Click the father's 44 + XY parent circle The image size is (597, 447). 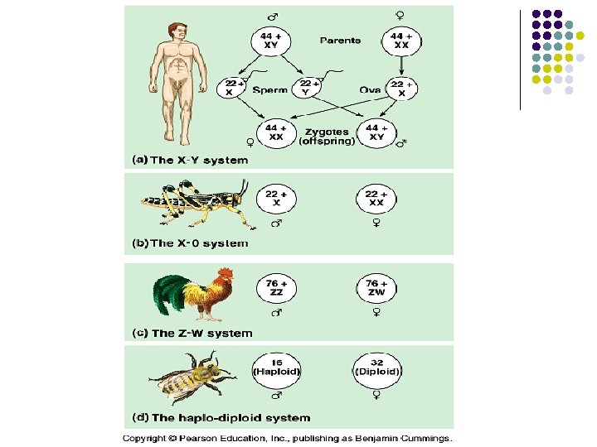pyautogui.click(x=270, y=41)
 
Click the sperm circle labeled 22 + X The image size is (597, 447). pyautogui.click(x=233, y=88)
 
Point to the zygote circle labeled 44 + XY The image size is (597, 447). pyautogui.click(x=376, y=132)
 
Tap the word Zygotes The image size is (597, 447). pyautogui.click(x=324, y=132)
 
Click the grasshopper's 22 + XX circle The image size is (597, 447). pyautogui.click(x=376, y=198)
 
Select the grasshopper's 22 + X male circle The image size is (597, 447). pyautogui.click(x=277, y=198)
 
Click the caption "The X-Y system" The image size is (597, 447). pyautogui.click(x=198, y=159)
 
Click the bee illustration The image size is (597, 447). pyautogui.click(x=192, y=376)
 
